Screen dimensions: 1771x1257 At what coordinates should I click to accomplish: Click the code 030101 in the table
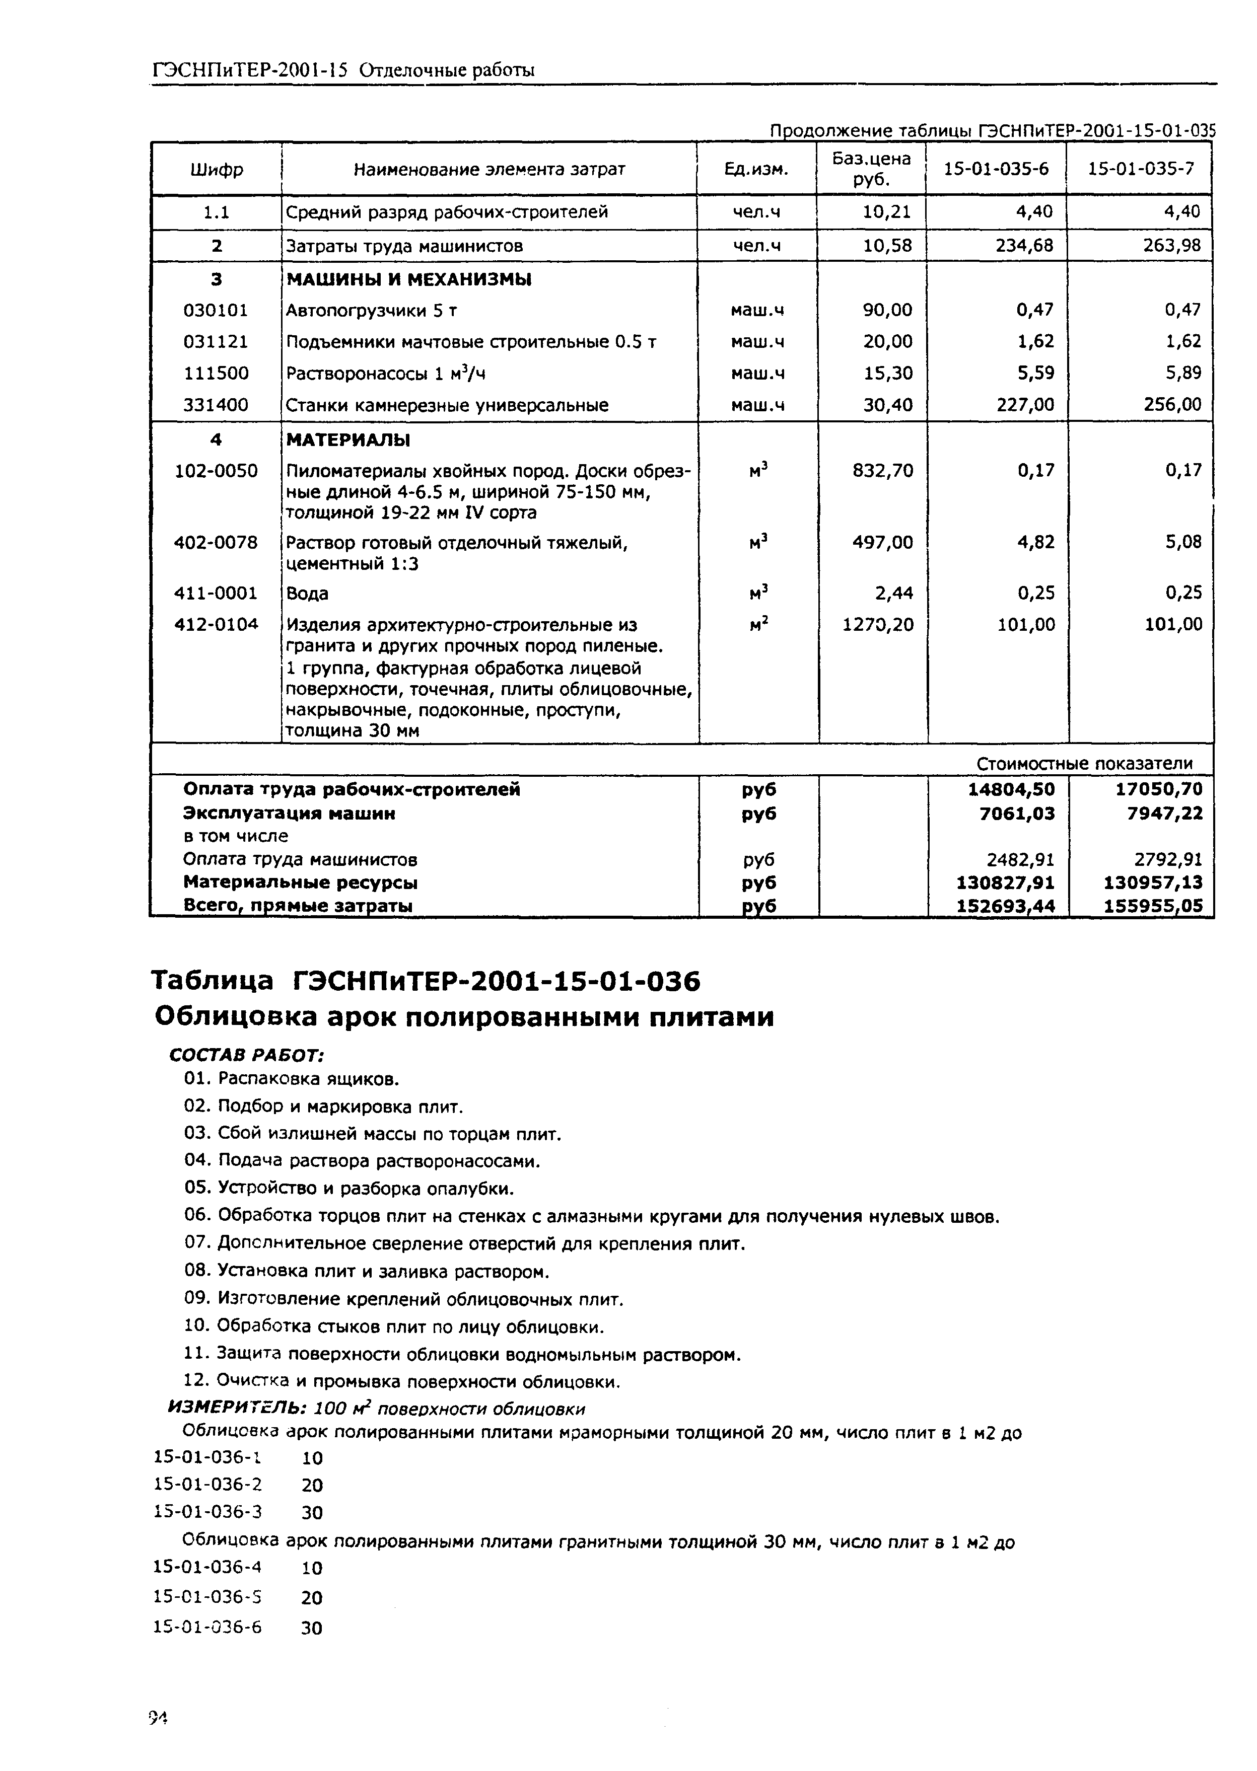tap(216, 310)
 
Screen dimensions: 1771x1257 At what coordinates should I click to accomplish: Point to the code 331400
tap(216, 405)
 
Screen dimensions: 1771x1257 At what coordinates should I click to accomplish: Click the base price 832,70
tap(882, 470)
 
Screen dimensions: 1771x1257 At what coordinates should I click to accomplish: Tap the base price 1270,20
tap(878, 624)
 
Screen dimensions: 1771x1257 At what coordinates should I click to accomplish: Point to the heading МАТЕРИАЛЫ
tap(347, 440)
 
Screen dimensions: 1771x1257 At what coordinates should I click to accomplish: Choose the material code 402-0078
tap(216, 542)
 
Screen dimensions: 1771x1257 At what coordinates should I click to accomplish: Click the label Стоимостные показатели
tap(1084, 764)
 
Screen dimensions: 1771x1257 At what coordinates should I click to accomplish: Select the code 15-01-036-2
tap(208, 1484)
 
